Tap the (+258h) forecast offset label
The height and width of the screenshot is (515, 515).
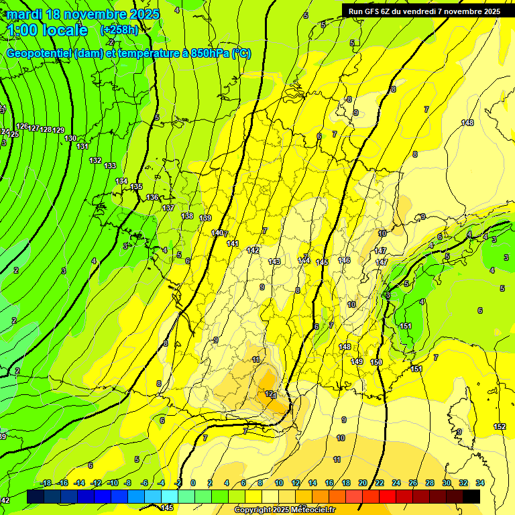tap(119, 30)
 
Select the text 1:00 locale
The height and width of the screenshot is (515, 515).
tap(47, 30)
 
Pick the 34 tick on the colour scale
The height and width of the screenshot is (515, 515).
tap(479, 483)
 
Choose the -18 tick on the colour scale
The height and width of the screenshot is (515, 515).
tap(46, 483)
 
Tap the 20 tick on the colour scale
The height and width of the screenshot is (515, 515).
tap(362, 483)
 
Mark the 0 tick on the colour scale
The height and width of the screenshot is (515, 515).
tap(193, 483)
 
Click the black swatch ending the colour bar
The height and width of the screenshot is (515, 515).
tap(471, 496)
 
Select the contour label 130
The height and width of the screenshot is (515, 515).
tap(70, 138)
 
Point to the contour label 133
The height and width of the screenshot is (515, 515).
tap(110, 166)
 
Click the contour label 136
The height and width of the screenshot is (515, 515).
tap(152, 197)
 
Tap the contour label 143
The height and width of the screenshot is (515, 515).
tap(274, 262)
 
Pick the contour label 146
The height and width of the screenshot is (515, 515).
tap(344, 260)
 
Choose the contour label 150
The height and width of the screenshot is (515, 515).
tap(376, 362)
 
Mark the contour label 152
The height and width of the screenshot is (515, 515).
tap(500, 426)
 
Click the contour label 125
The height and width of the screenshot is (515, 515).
tap(13, 134)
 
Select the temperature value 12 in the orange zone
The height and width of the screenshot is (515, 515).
tap(269, 394)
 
